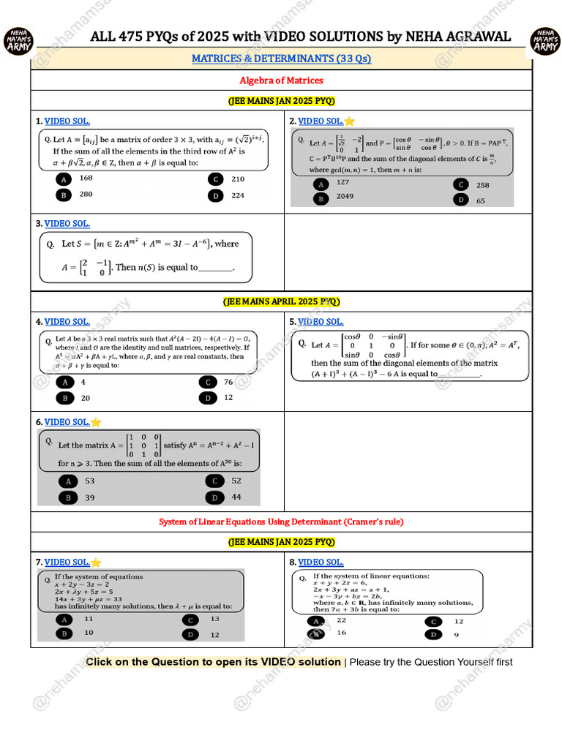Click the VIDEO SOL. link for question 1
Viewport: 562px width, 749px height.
[x=67, y=121]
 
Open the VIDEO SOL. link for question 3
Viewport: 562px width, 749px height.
[x=67, y=224]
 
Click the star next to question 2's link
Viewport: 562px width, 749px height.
[x=350, y=121]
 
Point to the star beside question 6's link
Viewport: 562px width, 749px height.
[x=96, y=422]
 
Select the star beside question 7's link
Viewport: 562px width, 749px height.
[x=96, y=562]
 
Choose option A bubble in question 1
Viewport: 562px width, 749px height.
[x=64, y=179]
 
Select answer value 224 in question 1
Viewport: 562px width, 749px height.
[x=238, y=195]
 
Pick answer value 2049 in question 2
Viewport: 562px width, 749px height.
[x=345, y=197]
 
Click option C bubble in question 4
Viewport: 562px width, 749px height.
[x=208, y=382]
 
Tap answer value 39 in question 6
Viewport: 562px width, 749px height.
[x=90, y=497]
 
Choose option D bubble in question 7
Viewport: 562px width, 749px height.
[x=190, y=634]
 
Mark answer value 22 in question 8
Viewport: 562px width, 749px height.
[x=342, y=620]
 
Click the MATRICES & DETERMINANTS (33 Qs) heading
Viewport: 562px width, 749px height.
[x=281, y=59]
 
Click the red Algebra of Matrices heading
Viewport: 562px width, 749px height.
[x=281, y=80]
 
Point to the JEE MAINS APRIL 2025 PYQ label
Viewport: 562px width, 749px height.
[x=281, y=301]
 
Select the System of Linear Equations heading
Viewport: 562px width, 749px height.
[x=281, y=522]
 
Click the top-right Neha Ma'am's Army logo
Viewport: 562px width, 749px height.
[x=544, y=40]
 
